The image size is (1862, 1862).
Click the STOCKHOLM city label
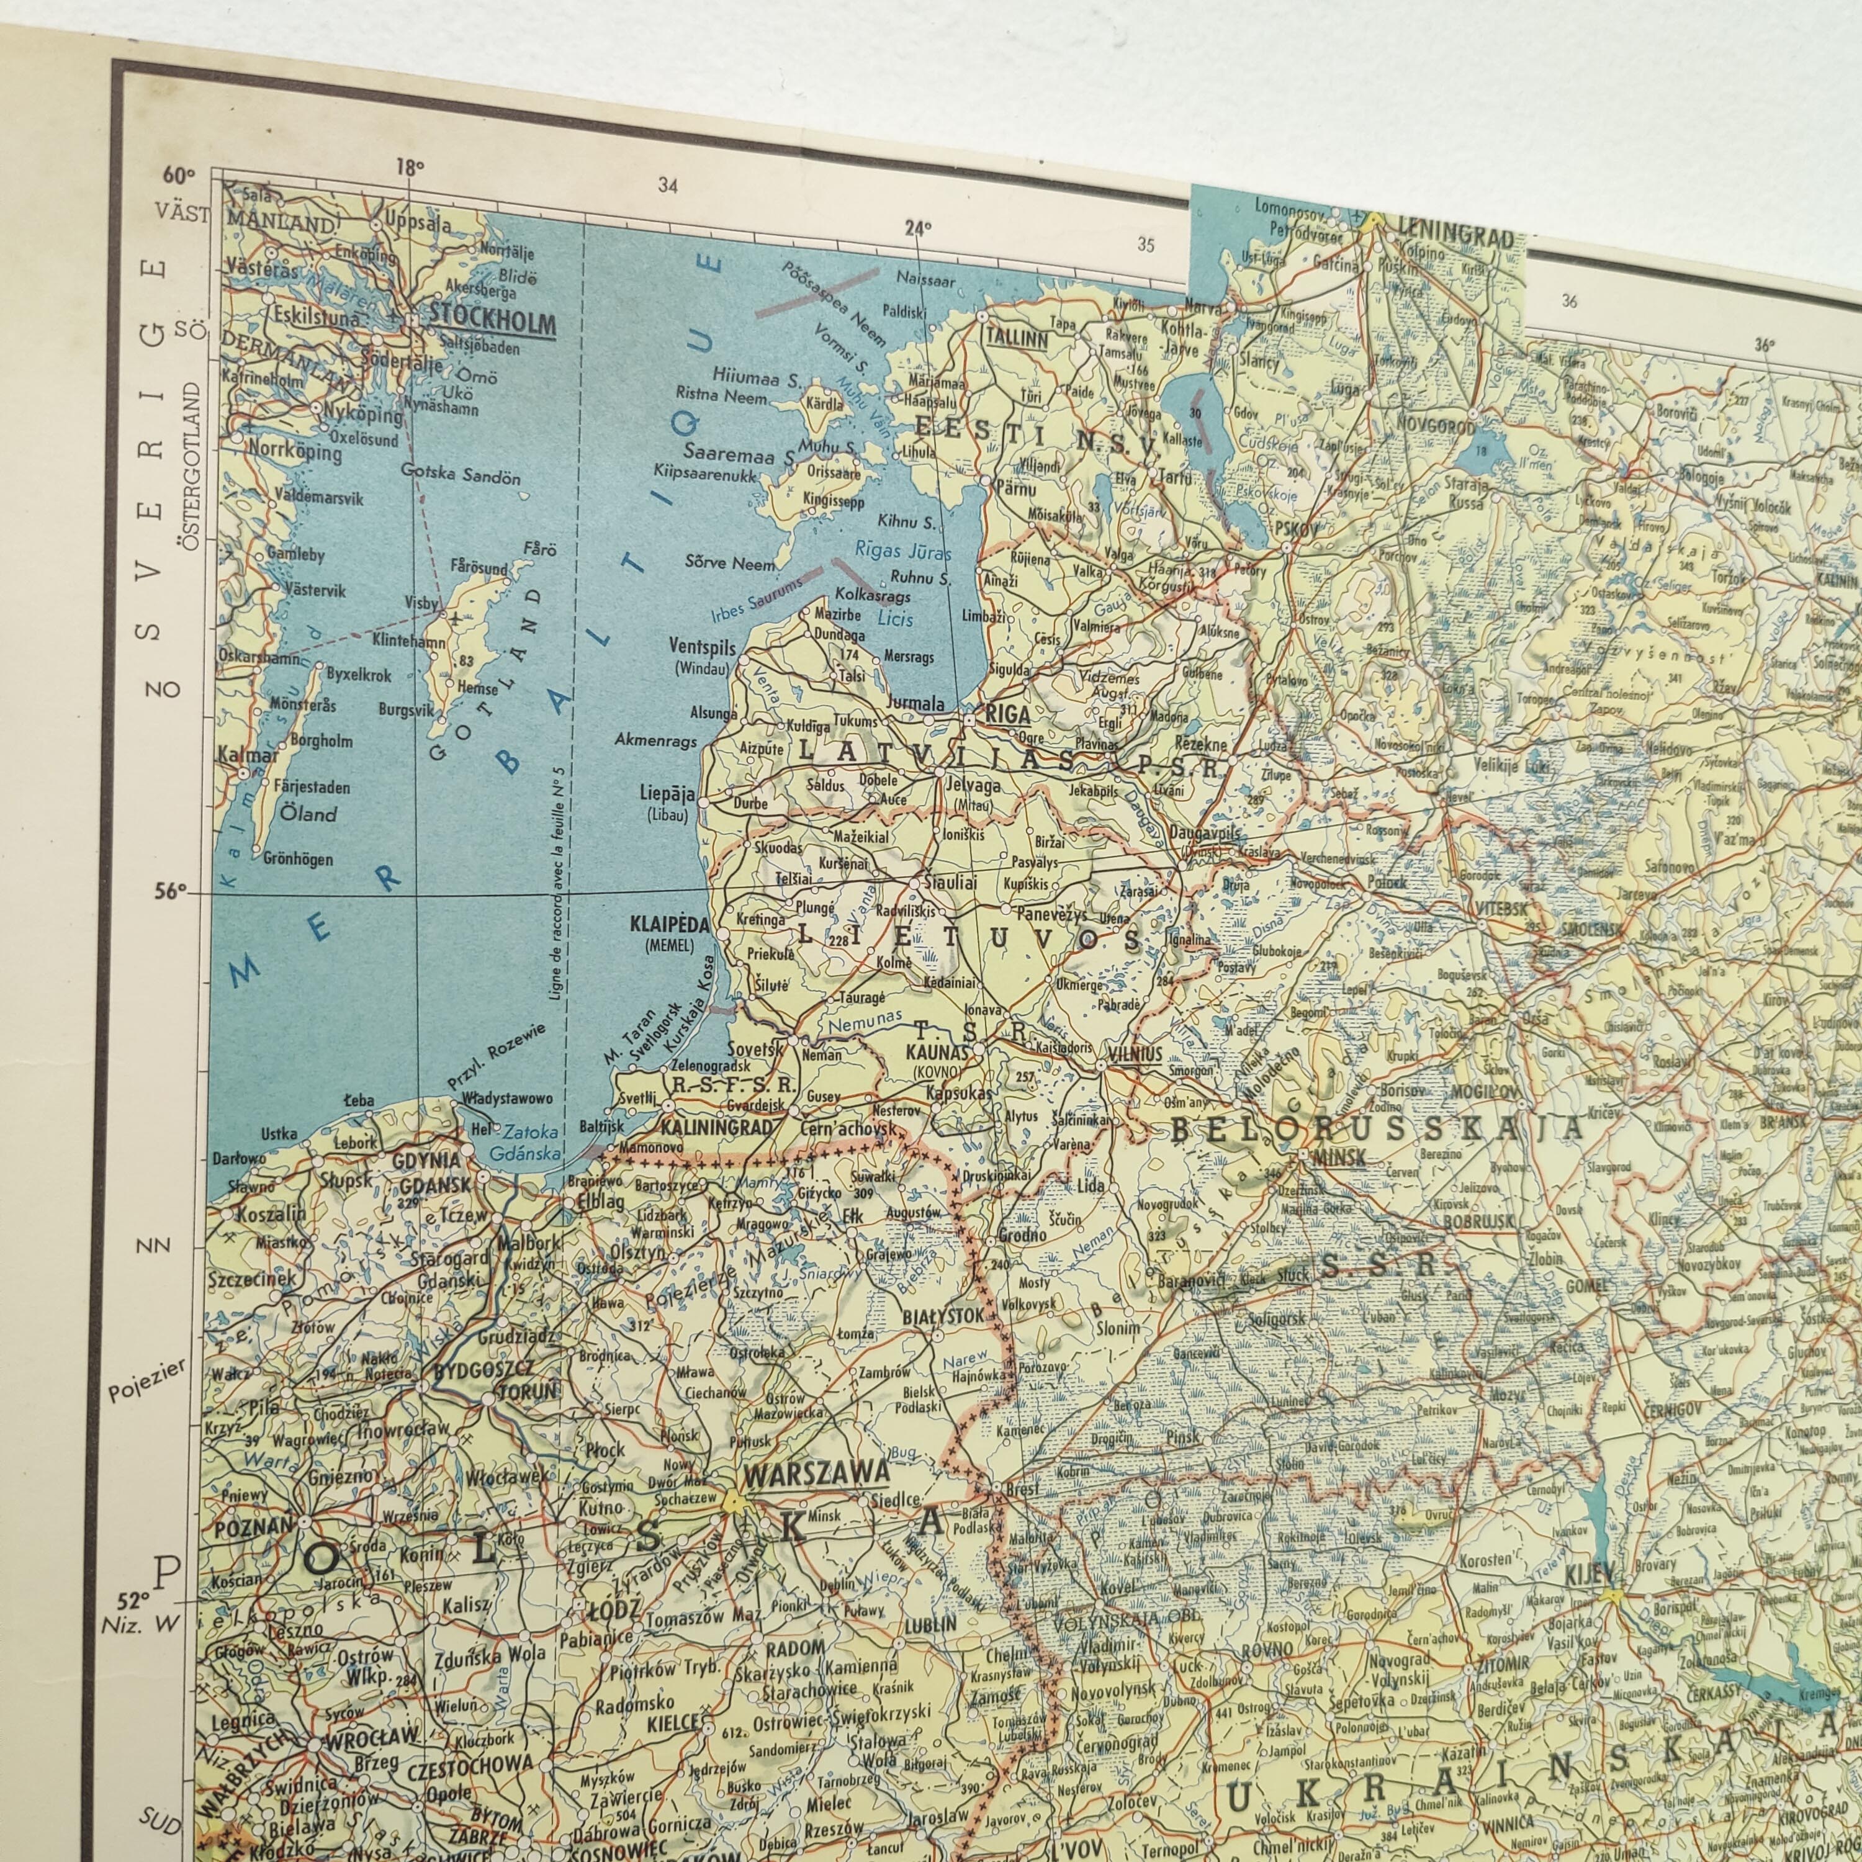[x=492, y=314]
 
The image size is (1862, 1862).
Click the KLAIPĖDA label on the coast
[x=669, y=924]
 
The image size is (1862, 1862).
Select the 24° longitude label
[x=917, y=228]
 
